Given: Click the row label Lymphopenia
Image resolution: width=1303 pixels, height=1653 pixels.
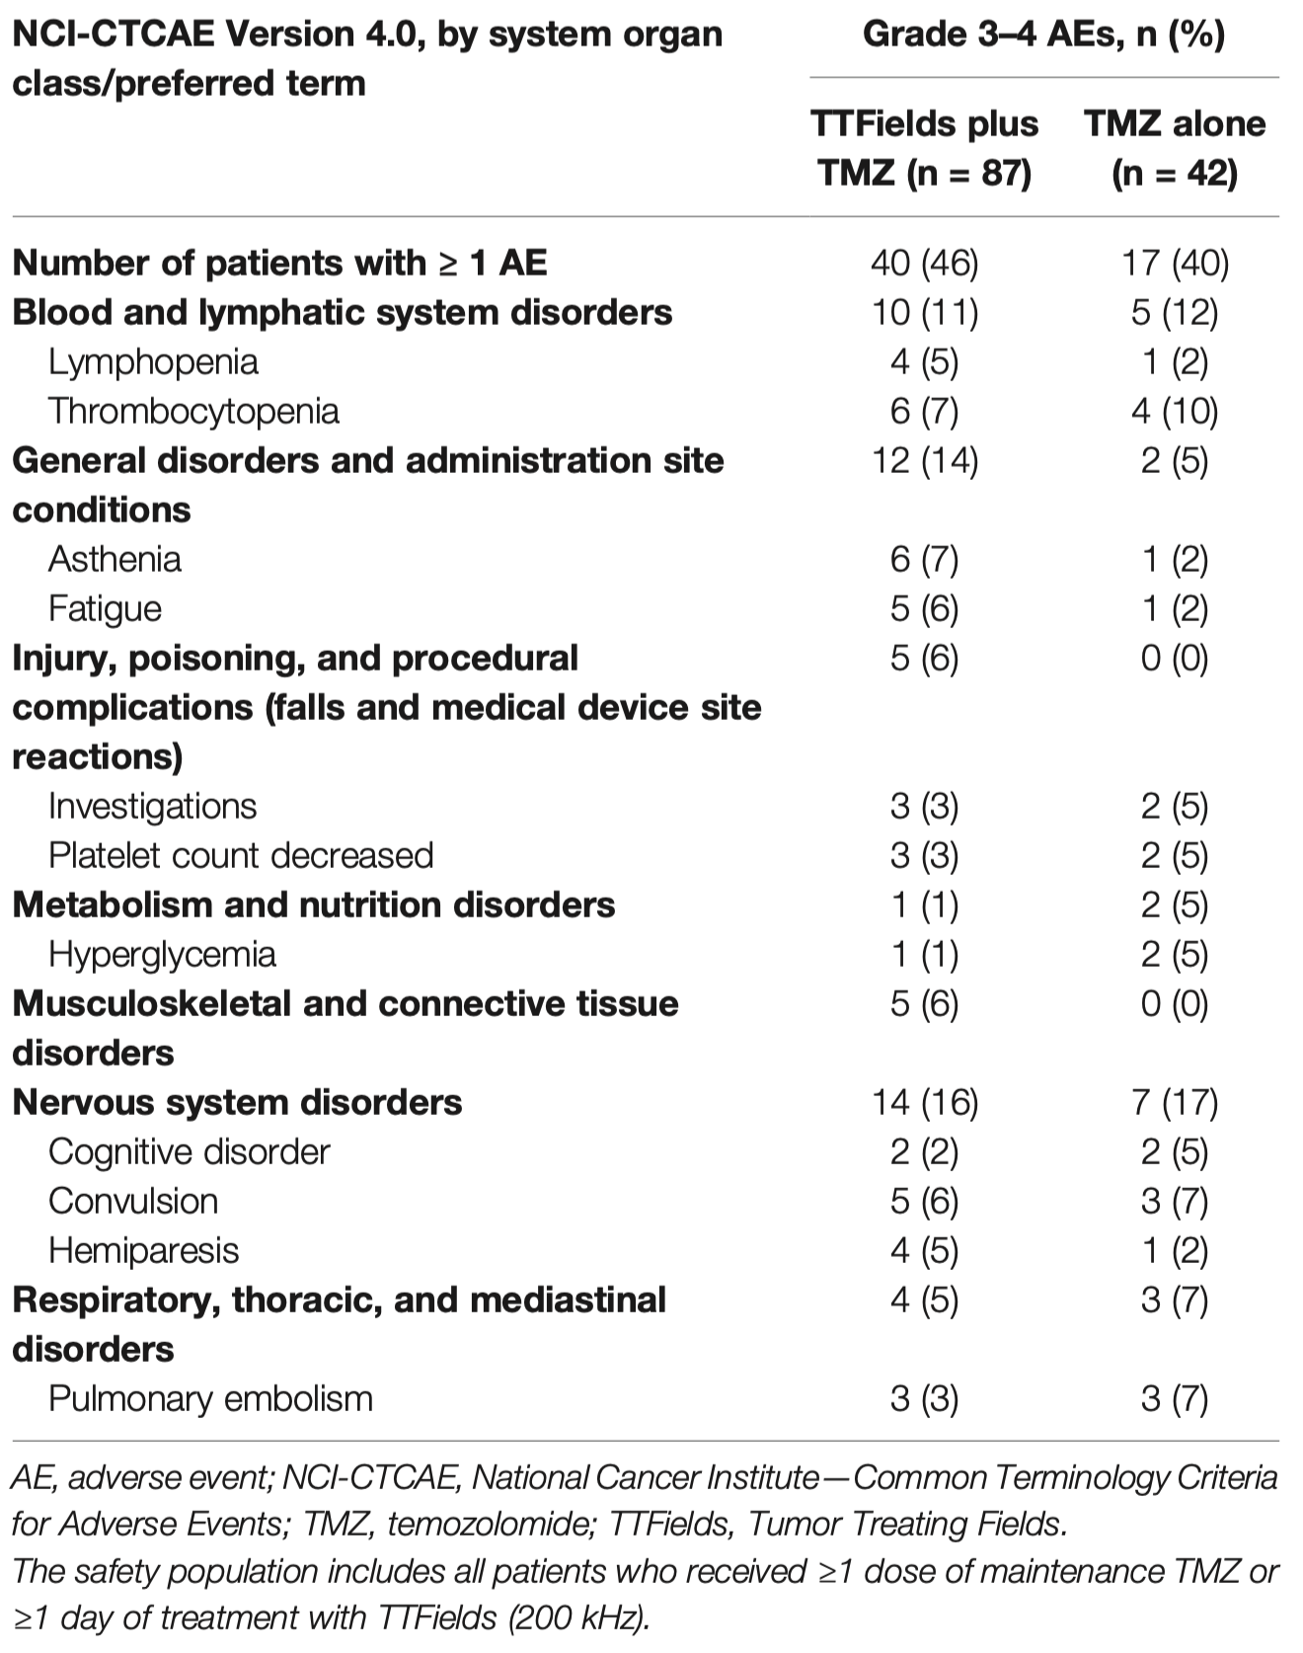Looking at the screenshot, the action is coord(153,362).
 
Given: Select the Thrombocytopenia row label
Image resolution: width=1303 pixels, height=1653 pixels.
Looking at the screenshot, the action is coord(193,412).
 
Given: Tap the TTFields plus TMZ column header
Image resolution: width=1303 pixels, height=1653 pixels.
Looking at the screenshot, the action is coord(925,148).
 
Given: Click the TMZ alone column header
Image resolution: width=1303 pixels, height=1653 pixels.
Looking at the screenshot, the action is coord(1175,148).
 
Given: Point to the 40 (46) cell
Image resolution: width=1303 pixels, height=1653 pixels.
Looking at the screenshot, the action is coord(925,264).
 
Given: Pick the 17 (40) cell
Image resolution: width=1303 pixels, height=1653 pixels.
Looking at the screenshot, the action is coord(1175,264).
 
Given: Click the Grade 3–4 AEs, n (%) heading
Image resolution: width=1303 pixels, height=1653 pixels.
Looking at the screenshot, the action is coord(1044,35).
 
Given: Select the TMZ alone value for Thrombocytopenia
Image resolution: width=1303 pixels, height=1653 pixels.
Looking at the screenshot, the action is coord(1175,412).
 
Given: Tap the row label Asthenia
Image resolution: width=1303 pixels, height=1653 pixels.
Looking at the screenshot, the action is coord(115,560).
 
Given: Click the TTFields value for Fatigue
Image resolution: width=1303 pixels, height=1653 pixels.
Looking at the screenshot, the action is coord(925,609).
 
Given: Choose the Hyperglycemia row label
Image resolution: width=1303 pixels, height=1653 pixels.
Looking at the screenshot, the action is coord(162,955).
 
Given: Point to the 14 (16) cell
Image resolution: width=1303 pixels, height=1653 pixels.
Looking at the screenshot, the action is coord(925,1103).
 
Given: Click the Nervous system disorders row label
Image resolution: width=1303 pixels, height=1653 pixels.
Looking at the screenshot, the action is coord(237,1103).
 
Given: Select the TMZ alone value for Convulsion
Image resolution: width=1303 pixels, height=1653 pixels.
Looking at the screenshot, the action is coord(1175,1202).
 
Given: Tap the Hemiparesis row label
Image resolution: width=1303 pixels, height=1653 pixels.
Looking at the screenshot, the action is coord(143,1251).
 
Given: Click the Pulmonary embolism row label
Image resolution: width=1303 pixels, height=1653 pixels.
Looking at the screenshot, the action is coord(210,1399).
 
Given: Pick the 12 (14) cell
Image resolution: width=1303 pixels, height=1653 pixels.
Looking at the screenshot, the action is coord(925,461).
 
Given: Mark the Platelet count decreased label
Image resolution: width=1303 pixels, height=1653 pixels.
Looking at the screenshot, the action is coord(241,856).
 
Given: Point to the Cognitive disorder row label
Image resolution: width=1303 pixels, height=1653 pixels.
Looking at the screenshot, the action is coord(189,1152).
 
